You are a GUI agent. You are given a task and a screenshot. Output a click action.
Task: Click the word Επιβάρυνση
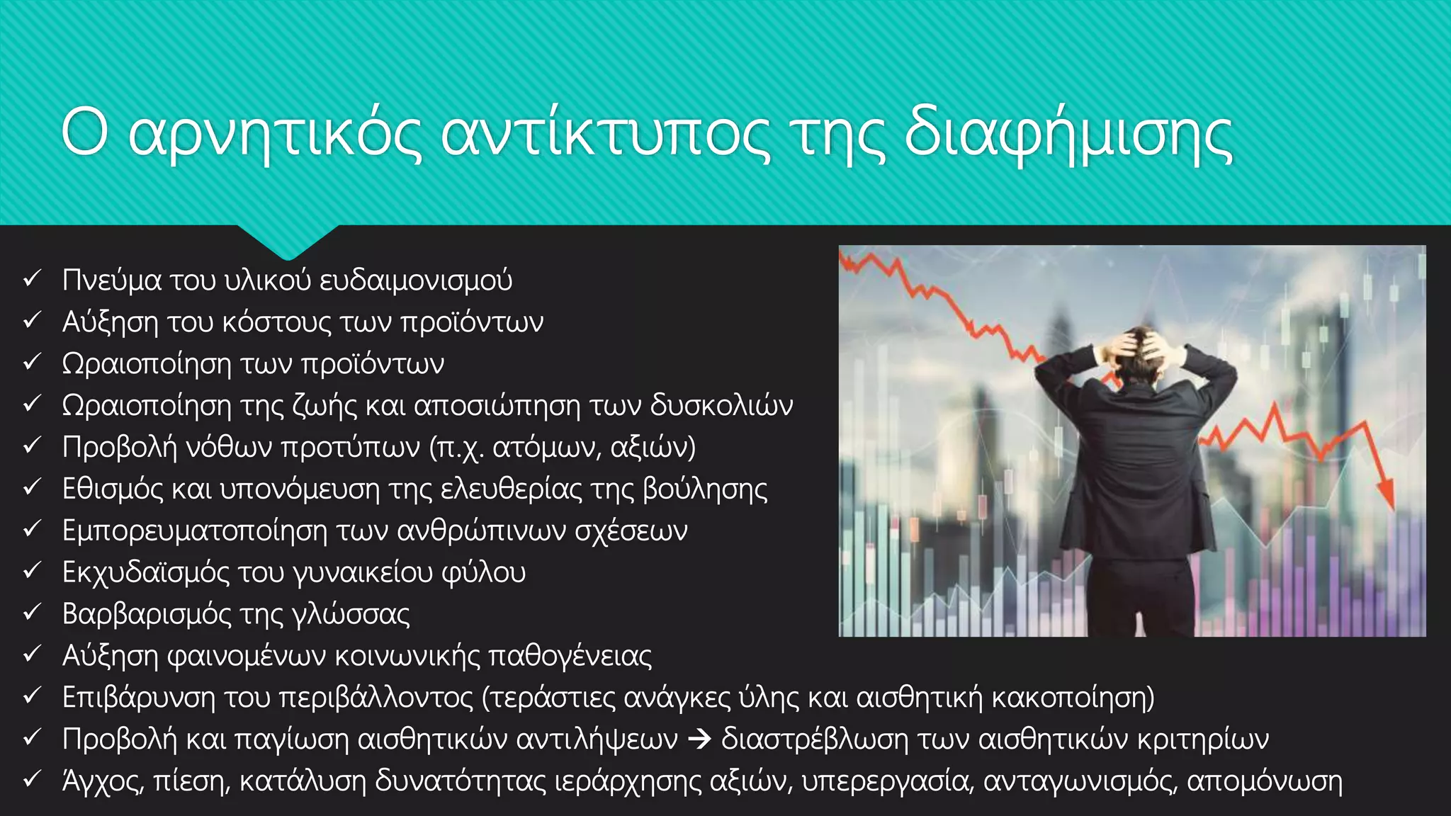[x=139, y=698]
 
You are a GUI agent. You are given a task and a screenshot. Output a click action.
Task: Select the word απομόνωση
[x=1264, y=781]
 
